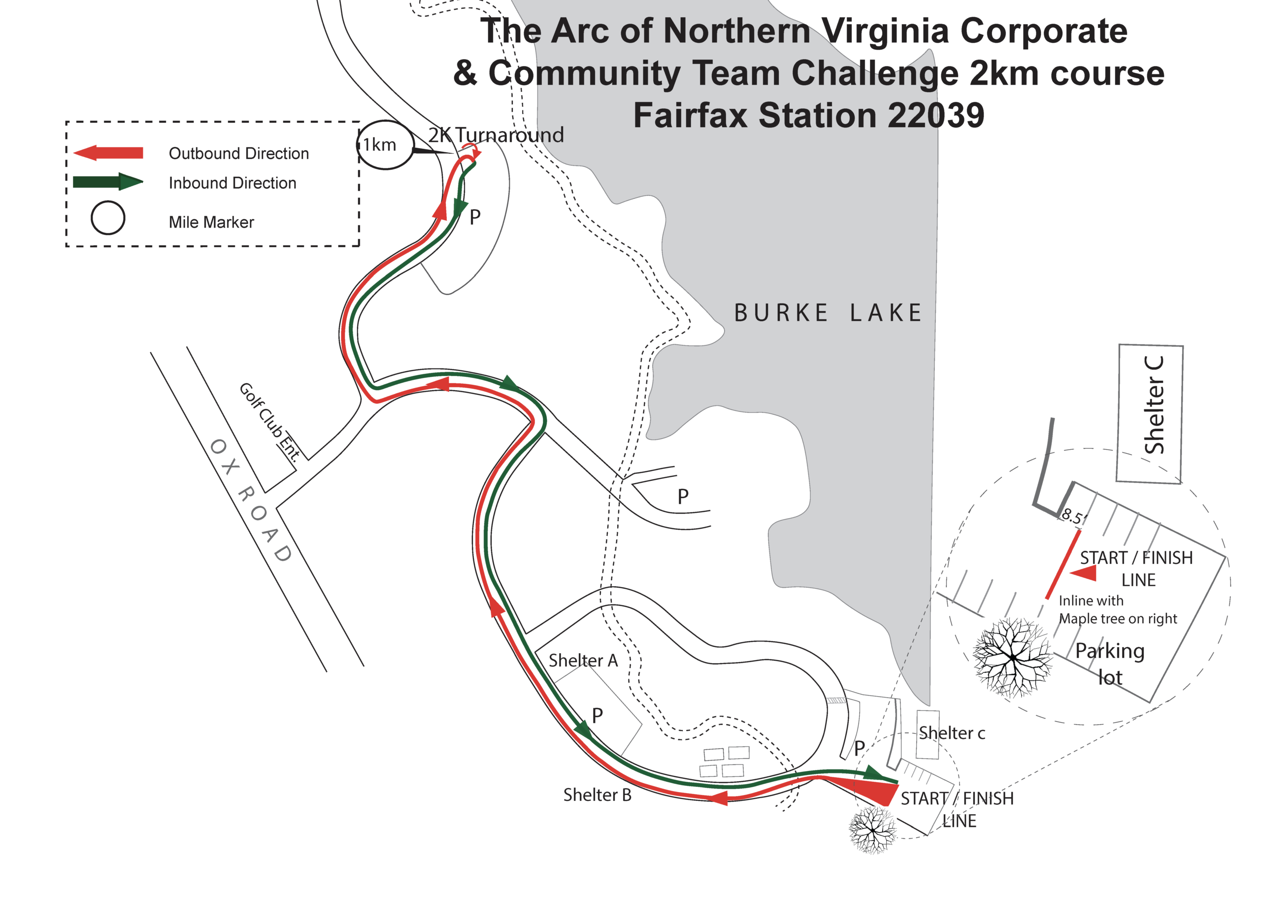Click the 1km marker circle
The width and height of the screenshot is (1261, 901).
tap(385, 145)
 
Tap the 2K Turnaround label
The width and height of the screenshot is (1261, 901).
tap(496, 135)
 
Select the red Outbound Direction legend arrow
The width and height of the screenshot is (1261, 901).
tap(108, 153)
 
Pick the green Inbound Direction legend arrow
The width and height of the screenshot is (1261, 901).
tap(108, 182)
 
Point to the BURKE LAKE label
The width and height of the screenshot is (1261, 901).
tap(828, 313)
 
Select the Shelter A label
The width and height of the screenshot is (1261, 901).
tap(583, 660)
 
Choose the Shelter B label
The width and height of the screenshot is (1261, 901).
tap(597, 795)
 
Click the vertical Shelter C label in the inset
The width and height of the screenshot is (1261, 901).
tap(1154, 405)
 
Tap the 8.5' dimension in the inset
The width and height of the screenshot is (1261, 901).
tap(1073, 517)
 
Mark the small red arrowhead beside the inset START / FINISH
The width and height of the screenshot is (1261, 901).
tap(1084, 574)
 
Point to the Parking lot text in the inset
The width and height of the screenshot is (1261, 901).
tap(1110, 664)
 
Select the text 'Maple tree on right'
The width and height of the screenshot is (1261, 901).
tap(1117, 619)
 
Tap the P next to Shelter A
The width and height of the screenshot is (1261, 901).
tap(597, 716)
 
